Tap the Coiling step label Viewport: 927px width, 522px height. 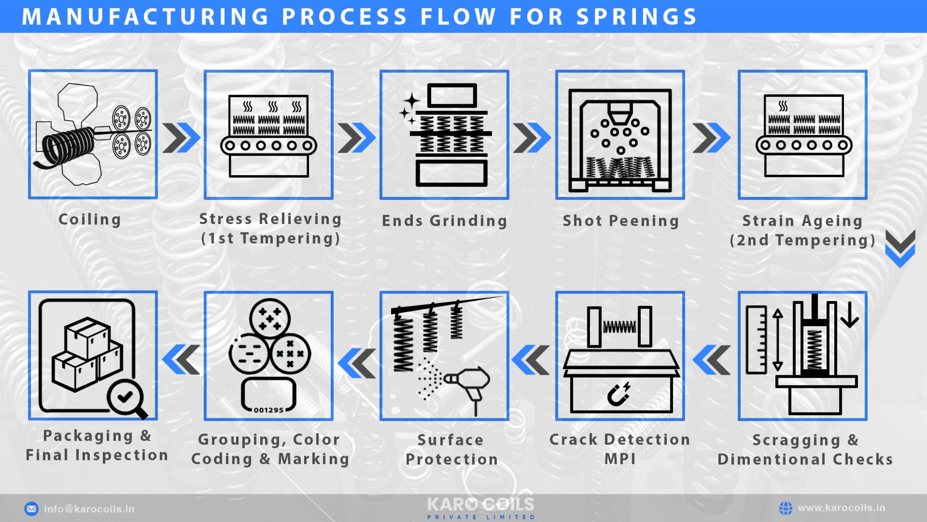90,219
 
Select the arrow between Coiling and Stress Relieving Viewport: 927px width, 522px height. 181,138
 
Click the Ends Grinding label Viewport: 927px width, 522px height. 444,221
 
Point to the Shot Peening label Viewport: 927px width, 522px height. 621,221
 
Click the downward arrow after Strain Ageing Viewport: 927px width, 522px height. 900,248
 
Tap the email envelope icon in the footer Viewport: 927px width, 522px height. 31,509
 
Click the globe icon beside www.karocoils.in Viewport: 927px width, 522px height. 785,508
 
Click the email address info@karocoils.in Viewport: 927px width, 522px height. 89,509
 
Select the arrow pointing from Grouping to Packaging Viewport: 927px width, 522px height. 181,359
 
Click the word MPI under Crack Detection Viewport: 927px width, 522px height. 620,459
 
